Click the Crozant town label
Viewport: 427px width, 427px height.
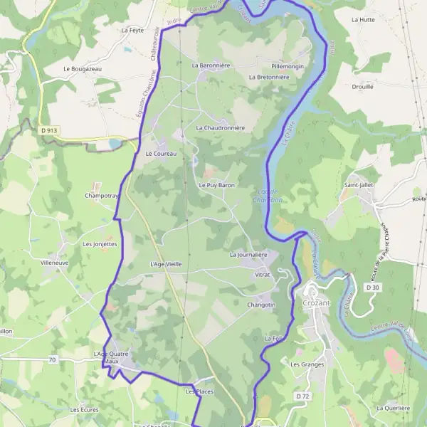[x=323, y=303]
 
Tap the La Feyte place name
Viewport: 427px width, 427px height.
[x=133, y=31]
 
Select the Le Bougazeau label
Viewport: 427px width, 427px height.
[x=83, y=68]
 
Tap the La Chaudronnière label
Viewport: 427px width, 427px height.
[x=220, y=127]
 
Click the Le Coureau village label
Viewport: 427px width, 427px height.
[x=160, y=153]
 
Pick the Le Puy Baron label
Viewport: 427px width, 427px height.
[x=216, y=185]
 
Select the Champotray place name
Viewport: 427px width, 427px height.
[x=101, y=195]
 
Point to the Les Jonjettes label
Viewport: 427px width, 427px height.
[x=100, y=243]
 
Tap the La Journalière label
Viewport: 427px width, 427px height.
[x=248, y=254]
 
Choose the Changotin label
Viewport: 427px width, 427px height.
[x=260, y=305]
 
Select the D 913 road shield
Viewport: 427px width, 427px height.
[x=48, y=130]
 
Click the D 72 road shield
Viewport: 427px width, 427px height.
[x=303, y=396]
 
